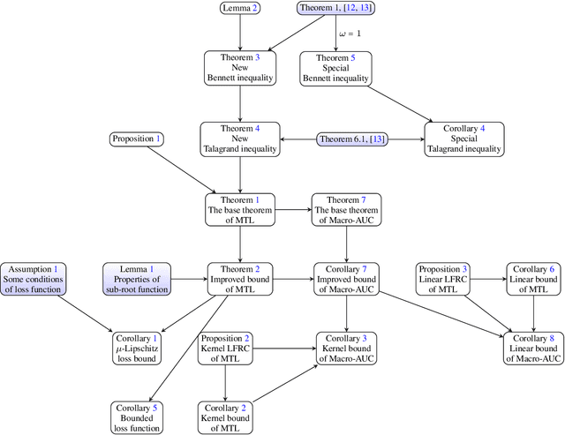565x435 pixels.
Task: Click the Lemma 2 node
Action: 240,9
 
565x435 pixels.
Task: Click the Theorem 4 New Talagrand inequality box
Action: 239,139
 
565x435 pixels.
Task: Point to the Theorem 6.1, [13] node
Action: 357,139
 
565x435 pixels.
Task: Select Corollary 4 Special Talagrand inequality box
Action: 465,139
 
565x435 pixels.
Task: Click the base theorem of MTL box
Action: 239,209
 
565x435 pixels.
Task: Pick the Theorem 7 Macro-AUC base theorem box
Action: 345,209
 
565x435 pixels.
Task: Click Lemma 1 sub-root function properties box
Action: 137,279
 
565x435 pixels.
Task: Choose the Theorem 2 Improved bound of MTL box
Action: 239,279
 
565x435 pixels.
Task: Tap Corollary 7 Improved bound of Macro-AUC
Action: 345,279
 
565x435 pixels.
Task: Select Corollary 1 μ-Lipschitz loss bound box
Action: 137,349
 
